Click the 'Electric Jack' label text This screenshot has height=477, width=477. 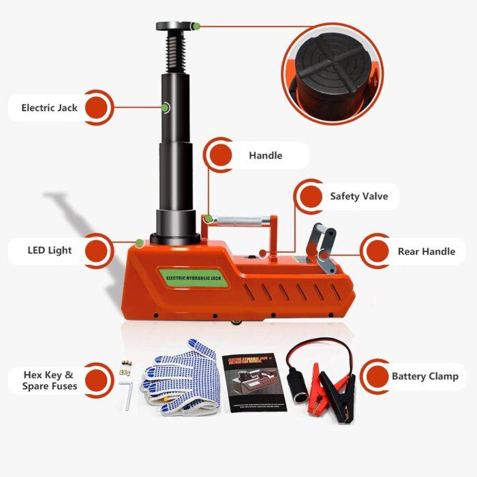tap(49, 108)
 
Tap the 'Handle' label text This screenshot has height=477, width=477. tap(265, 155)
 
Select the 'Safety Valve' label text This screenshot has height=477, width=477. tap(358, 196)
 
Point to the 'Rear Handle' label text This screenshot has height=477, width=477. tap(426, 251)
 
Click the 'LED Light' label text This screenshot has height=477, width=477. tap(50, 250)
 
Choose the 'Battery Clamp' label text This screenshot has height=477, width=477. tap(425, 376)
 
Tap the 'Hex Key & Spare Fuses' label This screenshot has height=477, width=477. tap(49, 380)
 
